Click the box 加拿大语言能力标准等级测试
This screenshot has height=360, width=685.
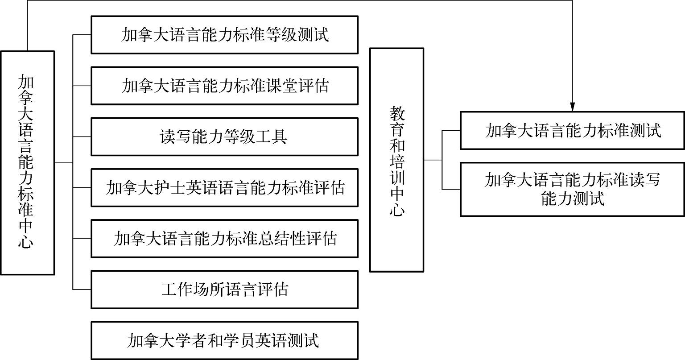click(224, 35)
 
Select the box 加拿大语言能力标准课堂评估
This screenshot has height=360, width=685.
click(224, 86)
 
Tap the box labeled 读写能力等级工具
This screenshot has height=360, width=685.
click(224, 137)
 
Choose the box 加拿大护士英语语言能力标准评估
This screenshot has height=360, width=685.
click(224, 187)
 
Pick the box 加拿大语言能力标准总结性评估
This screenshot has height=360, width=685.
click(224, 238)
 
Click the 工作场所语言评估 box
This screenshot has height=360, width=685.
click(224, 289)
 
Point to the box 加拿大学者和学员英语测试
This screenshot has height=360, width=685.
click(224, 340)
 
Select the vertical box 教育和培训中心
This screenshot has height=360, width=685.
click(396, 160)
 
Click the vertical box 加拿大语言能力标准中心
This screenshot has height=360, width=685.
click(27, 163)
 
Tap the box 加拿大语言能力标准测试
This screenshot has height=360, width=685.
click(573, 130)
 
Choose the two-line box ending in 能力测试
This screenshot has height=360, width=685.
click(573, 189)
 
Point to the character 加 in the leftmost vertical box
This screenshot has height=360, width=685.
click(26, 83)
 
